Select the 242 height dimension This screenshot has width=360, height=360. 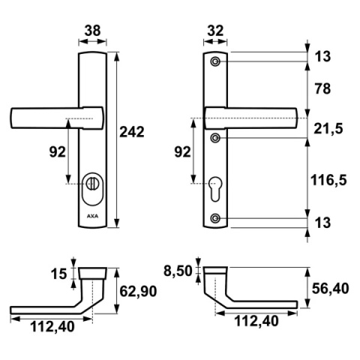tap(132, 131)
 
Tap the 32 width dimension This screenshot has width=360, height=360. tap(214, 32)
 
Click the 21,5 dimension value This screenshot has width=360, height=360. tap(327, 129)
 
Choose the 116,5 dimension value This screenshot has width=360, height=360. tap(327, 178)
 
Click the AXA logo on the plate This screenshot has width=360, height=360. tap(91, 218)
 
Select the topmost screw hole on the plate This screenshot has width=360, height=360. tap(215, 61)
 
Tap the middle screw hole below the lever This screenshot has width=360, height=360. tap(215, 138)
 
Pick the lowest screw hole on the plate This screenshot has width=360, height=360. tap(215, 217)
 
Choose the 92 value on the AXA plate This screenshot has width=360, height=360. tap(55, 153)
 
